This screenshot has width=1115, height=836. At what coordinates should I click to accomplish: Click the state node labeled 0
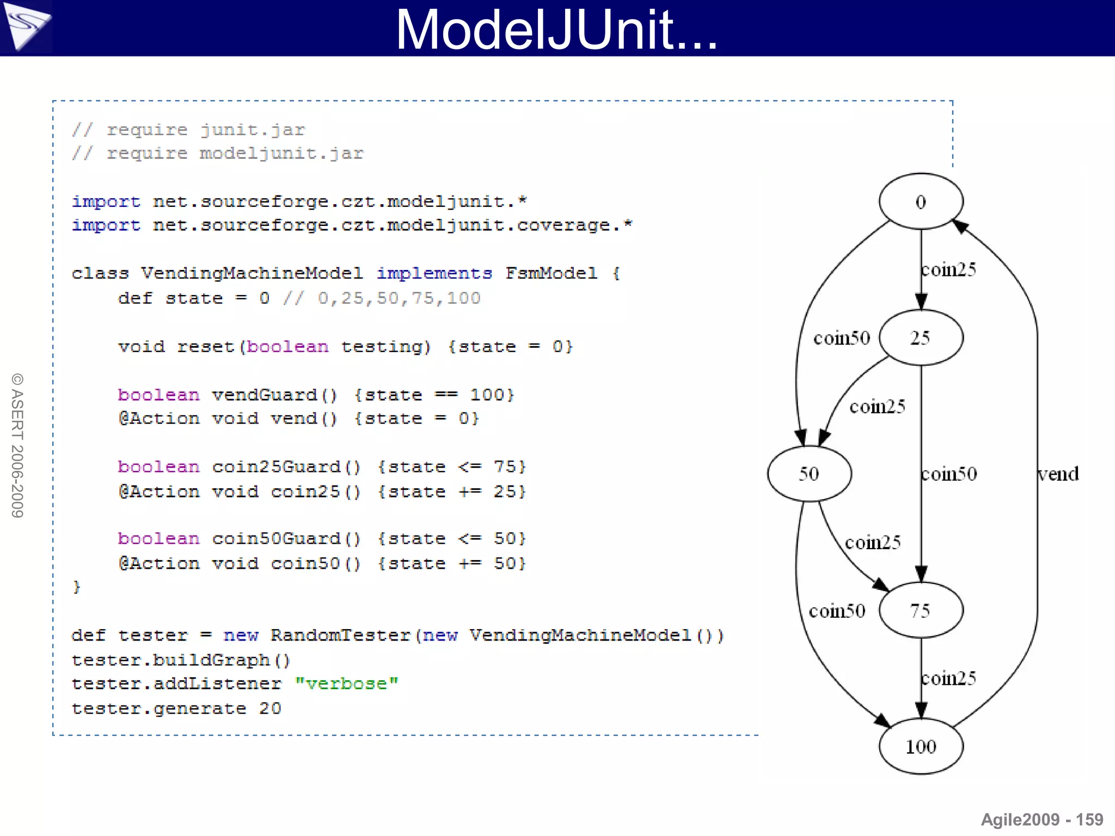point(921,201)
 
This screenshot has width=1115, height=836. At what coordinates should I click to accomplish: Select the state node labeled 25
point(921,337)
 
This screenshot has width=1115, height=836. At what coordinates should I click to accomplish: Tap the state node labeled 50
point(809,474)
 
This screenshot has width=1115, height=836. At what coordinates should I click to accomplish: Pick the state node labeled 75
point(921,610)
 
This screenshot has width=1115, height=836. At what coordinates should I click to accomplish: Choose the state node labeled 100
point(921,746)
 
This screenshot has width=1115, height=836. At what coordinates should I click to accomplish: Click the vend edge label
point(1058,474)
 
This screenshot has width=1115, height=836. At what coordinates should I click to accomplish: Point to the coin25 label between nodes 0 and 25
point(948,269)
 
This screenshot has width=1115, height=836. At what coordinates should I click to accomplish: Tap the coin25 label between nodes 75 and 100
point(948,678)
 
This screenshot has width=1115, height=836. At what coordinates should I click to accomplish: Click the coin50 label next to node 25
point(842,338)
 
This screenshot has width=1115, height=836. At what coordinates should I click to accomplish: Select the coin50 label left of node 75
point(837,611)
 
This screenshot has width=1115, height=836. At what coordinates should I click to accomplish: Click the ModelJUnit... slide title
point(556,29)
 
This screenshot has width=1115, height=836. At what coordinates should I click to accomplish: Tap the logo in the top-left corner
point(26,26)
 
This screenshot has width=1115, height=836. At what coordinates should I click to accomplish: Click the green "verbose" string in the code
point(346,684)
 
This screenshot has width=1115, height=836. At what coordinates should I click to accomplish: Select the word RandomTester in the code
point(340,635)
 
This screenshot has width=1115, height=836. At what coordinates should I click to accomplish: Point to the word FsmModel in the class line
point(551,273)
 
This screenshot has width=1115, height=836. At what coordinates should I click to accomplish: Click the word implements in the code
point(434,273)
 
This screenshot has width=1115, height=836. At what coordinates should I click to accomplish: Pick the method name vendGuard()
point(274,395)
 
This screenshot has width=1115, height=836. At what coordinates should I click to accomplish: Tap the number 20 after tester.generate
point(270,708)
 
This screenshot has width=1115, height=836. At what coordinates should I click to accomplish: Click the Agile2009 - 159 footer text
point(1042,820)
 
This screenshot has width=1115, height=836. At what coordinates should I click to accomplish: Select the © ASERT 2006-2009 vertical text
point(17,445)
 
